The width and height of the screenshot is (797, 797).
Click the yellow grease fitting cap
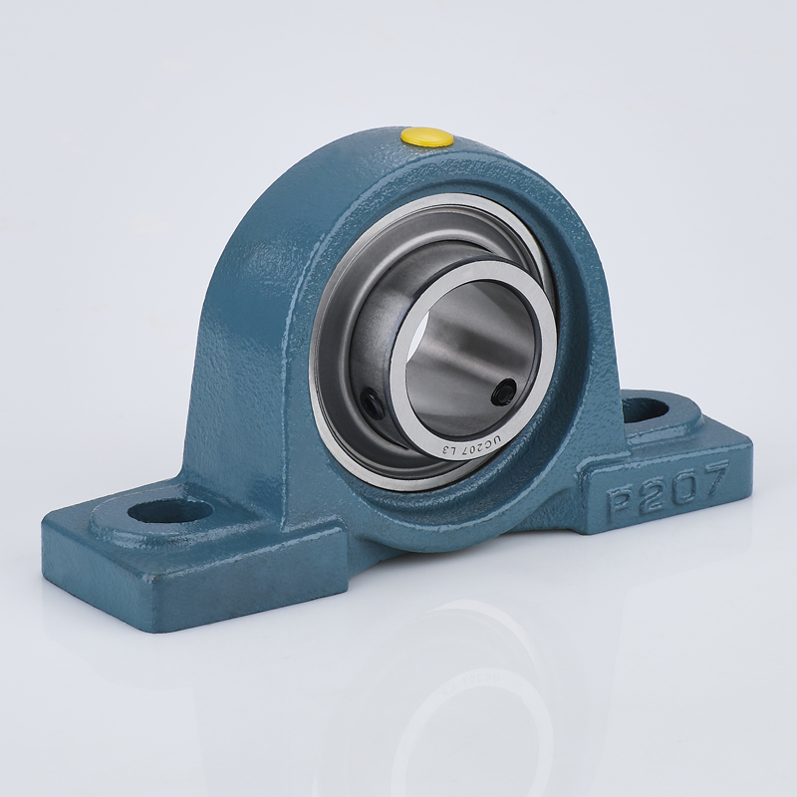click(426, 136)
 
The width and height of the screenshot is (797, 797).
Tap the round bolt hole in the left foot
click(169, 510)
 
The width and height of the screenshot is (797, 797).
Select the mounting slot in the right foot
click(647, 410)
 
